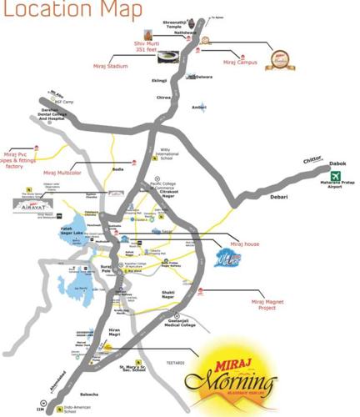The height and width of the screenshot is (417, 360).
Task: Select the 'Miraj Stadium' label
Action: (110, 64)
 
